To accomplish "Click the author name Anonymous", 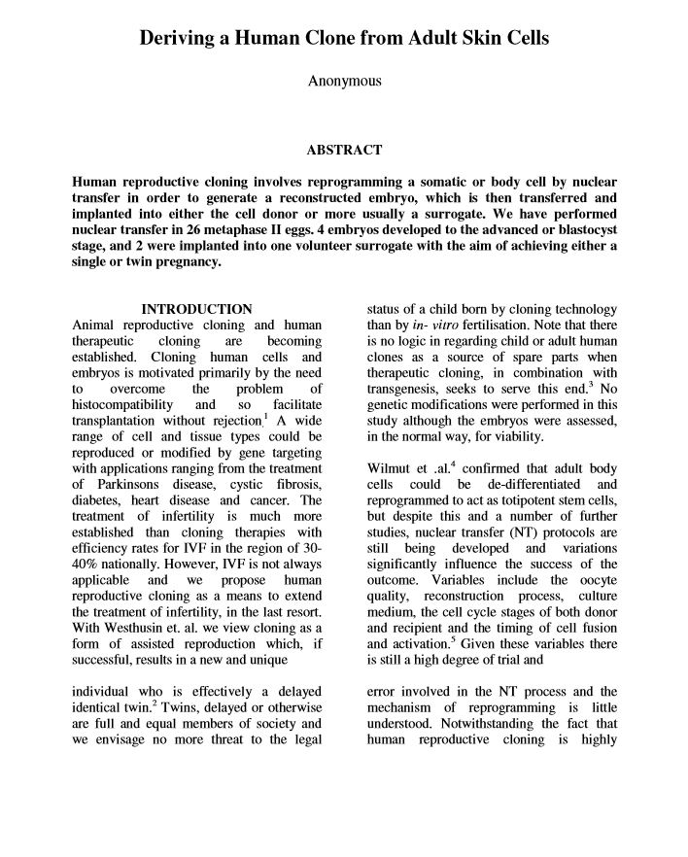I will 344,82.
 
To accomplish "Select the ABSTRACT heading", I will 344,151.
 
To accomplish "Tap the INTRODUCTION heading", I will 197,309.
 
